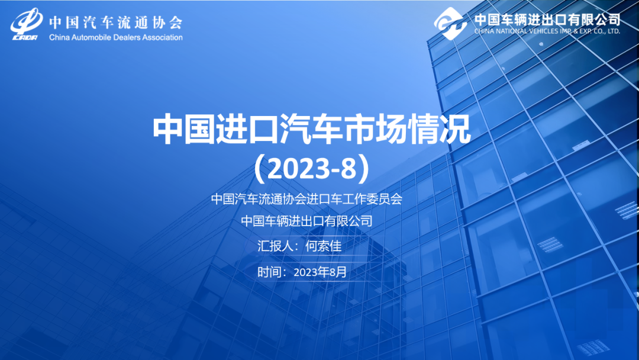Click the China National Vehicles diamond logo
pyautogui.click(x=450, y=23)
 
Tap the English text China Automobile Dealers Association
pyautogui.click(x=116, y=37)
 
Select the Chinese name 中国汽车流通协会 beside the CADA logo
pyautogui.click(x=116, y=22)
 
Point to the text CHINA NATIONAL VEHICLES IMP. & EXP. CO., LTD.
pyautogui.click(x=547, y=31)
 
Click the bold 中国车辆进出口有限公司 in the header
pyautogui.click(x=547, y=19)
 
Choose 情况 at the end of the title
pyautogui.click(x=439, y=129)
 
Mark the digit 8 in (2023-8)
pyautogui.click(x=348, y=169)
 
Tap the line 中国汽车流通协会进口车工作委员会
pyautogui.click(x=307, y=199)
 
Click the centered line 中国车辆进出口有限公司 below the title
pyautogui.click(x=307, y=221)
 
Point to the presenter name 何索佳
pyautogui.click(x=324, y=246)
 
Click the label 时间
pyautogui.click(x=269, y=272)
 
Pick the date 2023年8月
pyautogui.click(x=320, y=272)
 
